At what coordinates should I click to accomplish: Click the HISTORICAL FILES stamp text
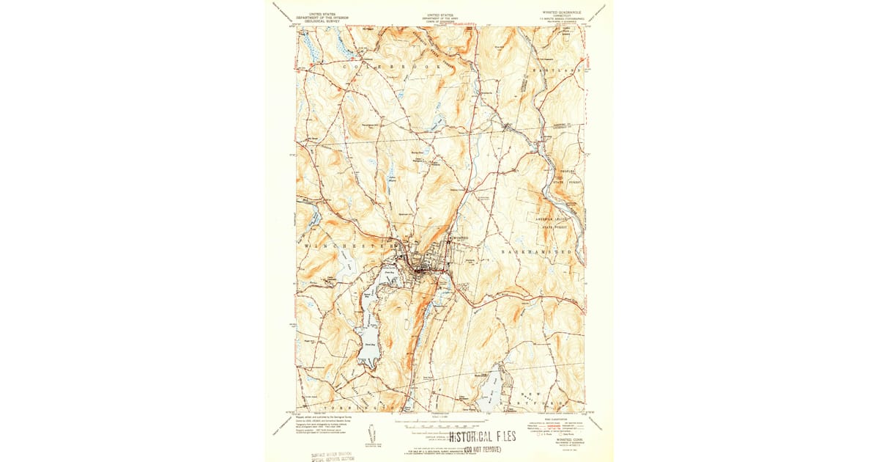tap(478, 437)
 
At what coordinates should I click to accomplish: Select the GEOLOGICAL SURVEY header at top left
tap(316, 21)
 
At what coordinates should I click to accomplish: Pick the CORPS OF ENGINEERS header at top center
tap(439, 21)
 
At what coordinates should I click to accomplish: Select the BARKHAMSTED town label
tap(536, 252)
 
